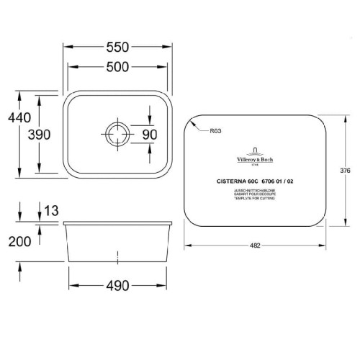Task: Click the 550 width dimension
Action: (118, 48)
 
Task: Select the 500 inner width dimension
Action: (118, 68)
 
